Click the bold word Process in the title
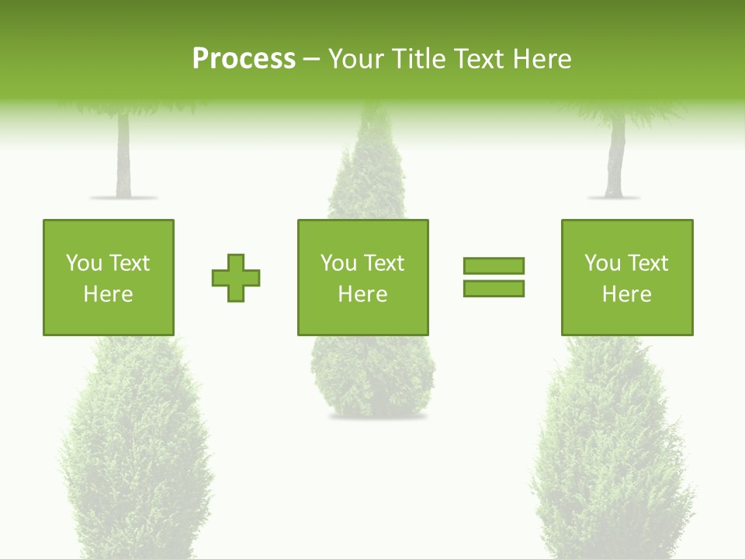(244, 59)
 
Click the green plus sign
(236, 277)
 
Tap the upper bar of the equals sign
(494, 266)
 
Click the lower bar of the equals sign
(494, 288)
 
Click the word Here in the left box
(108, 294)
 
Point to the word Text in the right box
(647, 263)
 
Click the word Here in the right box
(626, 294)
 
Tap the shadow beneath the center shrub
(378, 417)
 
